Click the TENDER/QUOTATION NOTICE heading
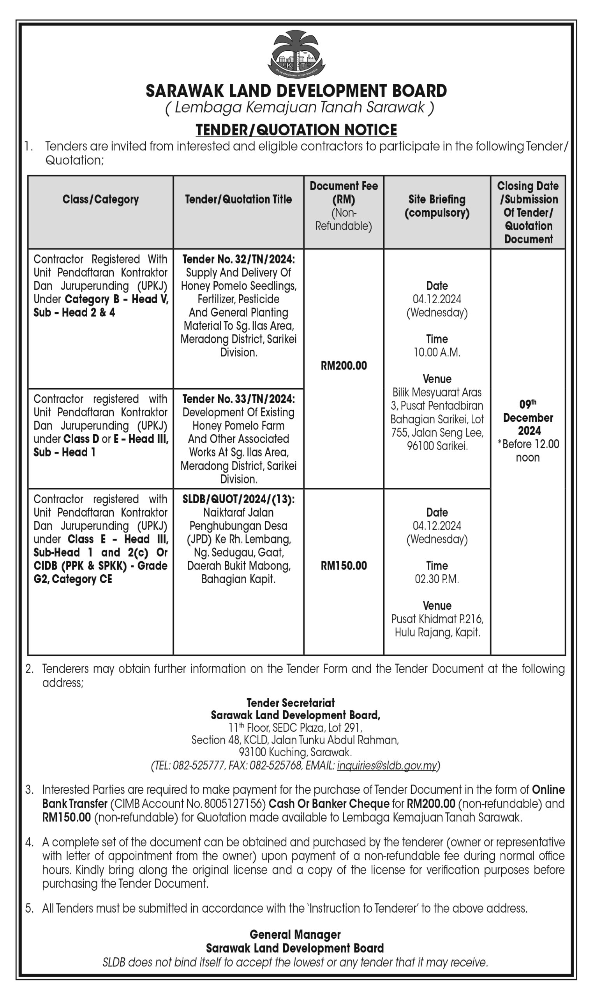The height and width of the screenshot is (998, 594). coord(296,130)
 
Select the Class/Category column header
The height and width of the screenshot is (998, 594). coord(100,200)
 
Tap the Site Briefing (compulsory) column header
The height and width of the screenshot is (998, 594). coord(437,206)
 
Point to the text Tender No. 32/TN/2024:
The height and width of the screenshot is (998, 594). coord(238,260)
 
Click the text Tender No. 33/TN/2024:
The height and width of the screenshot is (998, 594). coord(238,399)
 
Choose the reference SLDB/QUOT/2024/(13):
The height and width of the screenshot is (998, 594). coord(238,499)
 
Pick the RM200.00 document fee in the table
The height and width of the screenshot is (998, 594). coord(344,366)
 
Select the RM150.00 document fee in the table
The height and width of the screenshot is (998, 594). coord(344,566)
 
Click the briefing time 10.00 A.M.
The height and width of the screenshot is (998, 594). coord(437,352)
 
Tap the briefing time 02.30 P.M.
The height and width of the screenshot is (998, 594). coord(437,579)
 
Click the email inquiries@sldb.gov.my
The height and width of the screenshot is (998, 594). coord(387,766)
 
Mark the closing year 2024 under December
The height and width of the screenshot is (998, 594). coord(529,431)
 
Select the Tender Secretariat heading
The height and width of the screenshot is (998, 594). coord(291,703)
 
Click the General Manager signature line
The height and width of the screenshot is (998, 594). coord(295,935)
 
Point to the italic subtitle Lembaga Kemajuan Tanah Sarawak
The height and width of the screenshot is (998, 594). coord(300,107)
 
